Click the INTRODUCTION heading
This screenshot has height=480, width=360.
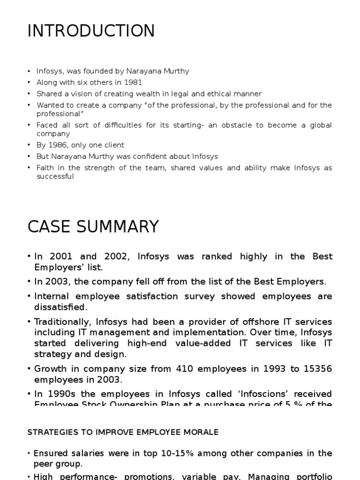91,31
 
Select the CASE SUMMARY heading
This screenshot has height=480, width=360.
93,226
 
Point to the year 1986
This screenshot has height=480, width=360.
57,145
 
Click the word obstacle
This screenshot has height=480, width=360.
221,125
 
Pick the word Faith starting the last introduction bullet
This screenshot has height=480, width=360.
45,167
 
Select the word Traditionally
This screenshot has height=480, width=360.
63,322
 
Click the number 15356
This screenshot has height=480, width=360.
315,369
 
